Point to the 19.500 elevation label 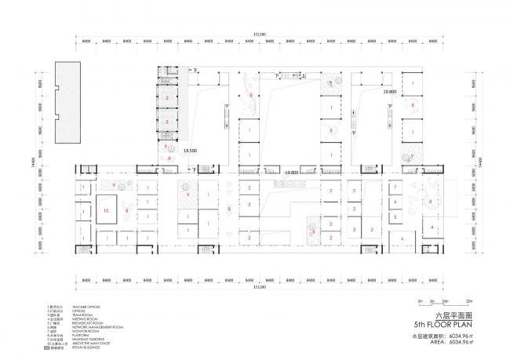(x=190, y=150)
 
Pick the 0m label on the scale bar (x=421, y=301)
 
